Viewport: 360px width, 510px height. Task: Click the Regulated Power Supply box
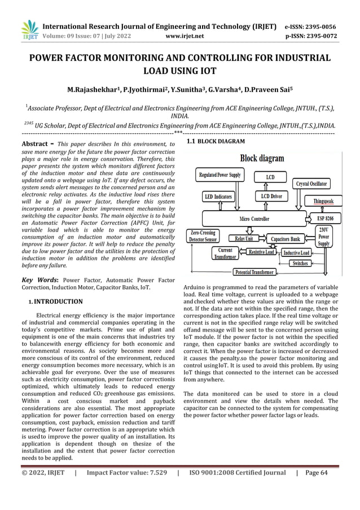coord(219,175)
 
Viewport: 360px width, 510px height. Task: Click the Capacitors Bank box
coord(286,239)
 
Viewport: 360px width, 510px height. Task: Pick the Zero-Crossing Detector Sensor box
coord(203,236)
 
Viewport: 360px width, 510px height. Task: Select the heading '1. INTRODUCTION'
coord(56,302)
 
